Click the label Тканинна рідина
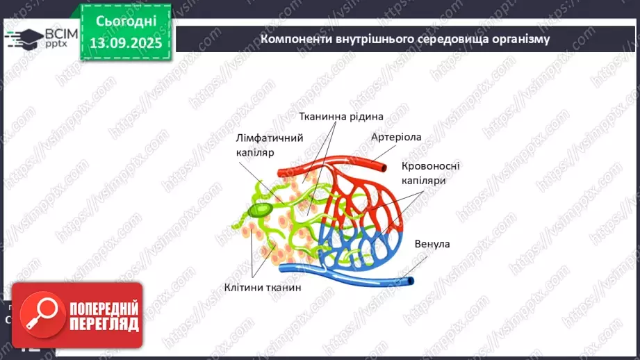341,117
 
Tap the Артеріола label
396,137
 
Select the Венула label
432,244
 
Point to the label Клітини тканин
263,287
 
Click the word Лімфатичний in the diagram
269,138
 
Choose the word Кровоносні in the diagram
431,166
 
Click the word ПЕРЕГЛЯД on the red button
104,324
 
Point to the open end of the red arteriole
384,166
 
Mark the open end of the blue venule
411,281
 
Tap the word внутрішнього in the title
366,39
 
